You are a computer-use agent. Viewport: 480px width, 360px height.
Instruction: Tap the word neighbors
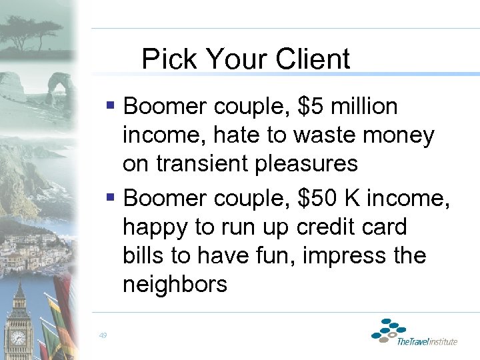175,285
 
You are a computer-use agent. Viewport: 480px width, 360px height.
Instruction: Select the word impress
340,257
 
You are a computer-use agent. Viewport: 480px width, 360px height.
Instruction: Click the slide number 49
103,336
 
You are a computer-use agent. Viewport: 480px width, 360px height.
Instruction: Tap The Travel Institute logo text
427,342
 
